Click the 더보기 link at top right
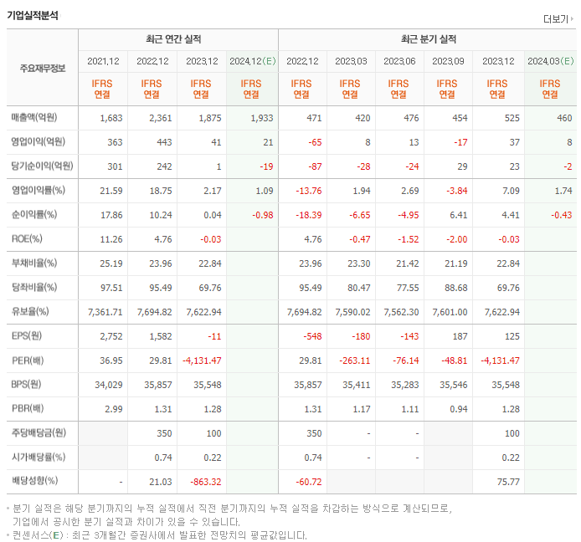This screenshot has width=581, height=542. point(557,19)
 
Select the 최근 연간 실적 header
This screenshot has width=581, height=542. point(177,39)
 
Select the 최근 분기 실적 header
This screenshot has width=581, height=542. point(428,39)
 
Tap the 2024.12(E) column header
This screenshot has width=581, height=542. point(251,61)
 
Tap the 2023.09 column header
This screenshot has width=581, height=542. point(448,61)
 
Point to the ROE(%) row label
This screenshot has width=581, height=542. point(28,238)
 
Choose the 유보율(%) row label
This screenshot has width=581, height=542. point(30,312)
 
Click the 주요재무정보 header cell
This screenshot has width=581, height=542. point(42,68)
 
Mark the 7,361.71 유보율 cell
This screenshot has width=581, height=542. point(105,312)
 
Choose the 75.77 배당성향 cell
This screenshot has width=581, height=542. point(507,481)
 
